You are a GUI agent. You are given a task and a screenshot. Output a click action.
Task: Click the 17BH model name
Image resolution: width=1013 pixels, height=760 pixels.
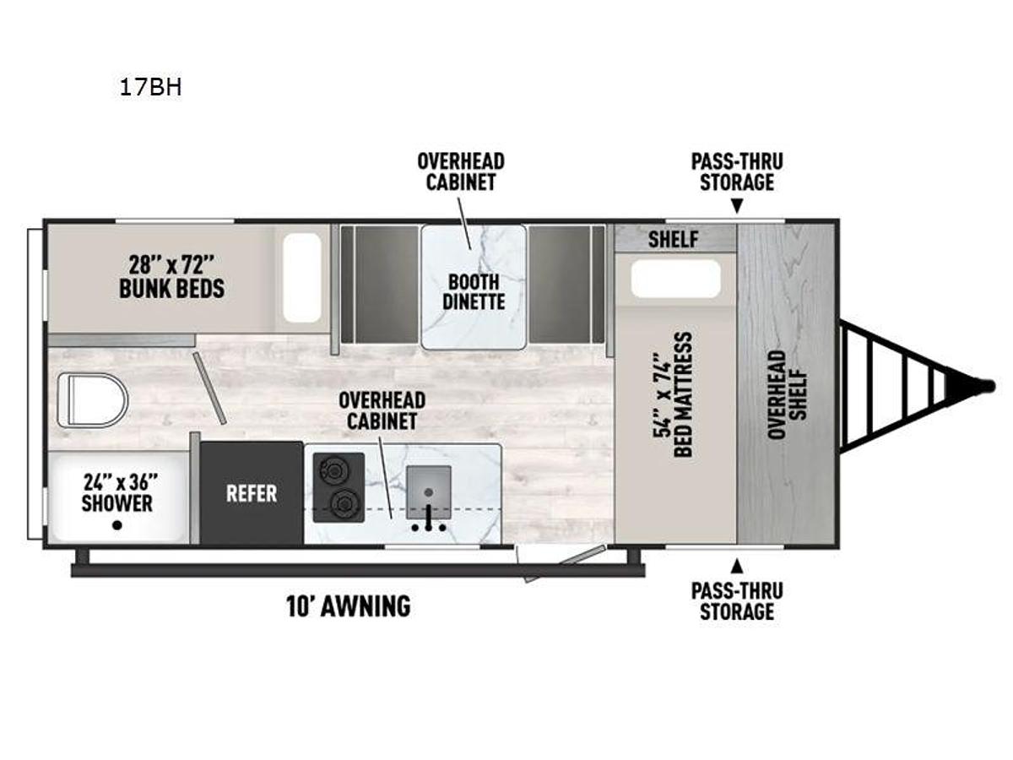[150, 88]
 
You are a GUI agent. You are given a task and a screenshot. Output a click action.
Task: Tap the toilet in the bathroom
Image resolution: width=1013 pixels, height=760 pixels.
[91, 398]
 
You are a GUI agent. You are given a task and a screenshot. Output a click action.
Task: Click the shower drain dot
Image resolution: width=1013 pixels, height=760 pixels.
[117, 525]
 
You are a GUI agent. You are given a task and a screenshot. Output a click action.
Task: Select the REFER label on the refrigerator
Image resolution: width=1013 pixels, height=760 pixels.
[251, 493]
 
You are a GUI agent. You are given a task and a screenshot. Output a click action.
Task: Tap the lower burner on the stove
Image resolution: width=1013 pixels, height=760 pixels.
[342, 504]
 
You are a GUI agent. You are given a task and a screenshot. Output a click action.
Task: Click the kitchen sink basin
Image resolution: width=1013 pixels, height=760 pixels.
[429, 491]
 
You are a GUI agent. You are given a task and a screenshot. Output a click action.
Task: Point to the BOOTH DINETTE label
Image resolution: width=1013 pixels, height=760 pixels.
[473, 291]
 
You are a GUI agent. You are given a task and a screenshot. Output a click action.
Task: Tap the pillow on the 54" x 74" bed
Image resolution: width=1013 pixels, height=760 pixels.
[675, 279]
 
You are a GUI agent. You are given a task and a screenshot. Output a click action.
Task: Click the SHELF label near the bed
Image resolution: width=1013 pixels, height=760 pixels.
[673, 239]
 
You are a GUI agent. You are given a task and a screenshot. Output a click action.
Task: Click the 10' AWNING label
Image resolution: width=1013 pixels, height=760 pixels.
[349, 605]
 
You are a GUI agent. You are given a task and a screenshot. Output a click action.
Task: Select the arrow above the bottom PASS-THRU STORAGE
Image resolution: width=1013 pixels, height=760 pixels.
[737, 564]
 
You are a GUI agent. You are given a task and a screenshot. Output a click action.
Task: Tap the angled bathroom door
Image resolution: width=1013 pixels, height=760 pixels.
[209, 388]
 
